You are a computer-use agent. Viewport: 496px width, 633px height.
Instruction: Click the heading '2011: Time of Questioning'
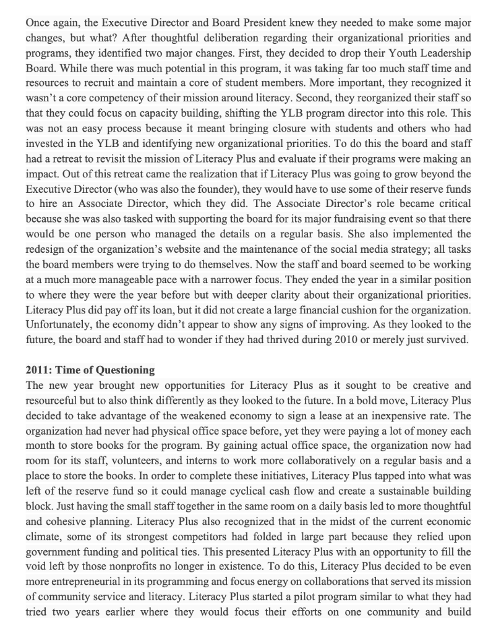coord(90,370)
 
